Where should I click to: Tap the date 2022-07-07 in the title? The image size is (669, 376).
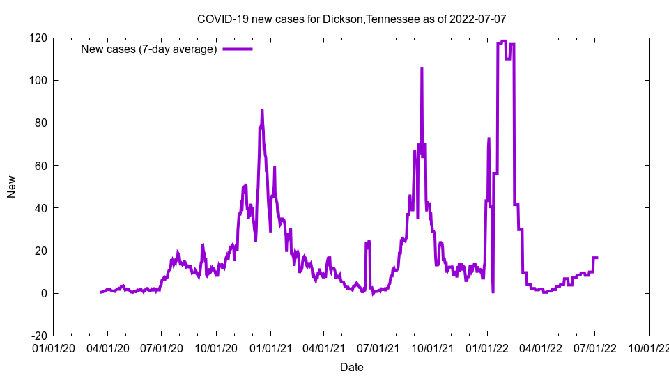pos(477,19)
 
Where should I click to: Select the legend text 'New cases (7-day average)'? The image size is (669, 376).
pos(149,49)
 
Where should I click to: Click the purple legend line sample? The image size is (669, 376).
pos(237,49)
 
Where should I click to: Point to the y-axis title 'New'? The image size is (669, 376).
pos(12,187)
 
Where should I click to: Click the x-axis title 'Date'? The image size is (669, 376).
pos(351,367)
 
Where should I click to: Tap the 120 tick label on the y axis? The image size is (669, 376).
pos(38,38)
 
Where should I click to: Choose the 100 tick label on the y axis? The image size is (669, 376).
pos(38,80)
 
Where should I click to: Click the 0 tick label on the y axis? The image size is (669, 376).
pos(44,293)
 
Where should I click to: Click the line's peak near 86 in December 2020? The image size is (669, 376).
pos(262,110)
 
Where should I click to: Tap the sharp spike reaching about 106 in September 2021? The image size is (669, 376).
pos(422,68)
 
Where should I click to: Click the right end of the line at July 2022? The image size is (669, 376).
pos(597,258)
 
